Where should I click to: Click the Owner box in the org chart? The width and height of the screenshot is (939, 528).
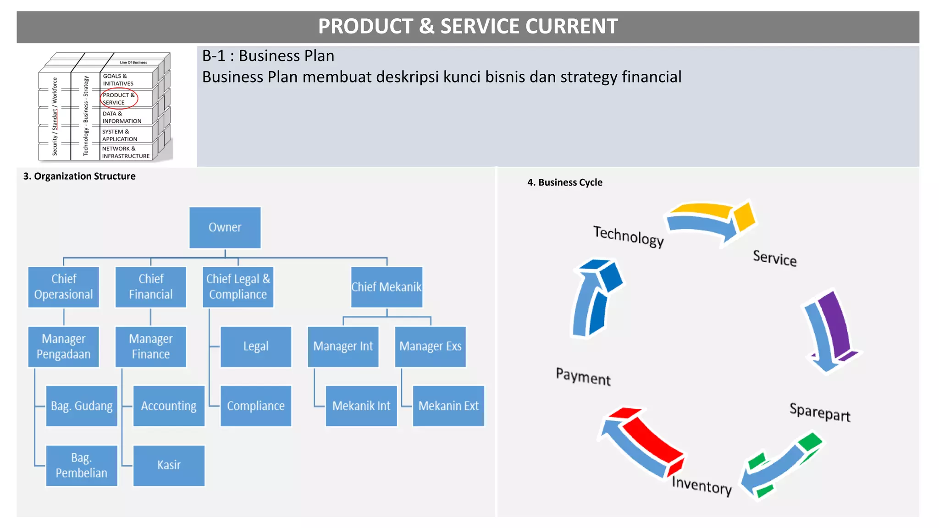tap(225, 227)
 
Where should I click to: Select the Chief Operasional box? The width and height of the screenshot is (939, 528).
tap(64, 287)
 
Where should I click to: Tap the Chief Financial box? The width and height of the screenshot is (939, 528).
tap(151, 287)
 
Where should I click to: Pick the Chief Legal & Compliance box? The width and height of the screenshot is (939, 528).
tap(238, 287)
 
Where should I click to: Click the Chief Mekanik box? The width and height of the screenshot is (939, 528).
tap(387, 287)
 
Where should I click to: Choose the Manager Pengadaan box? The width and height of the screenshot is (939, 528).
tap(64, 346)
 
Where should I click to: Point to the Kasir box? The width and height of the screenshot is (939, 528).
tap(169, 465)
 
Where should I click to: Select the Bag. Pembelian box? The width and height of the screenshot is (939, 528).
tap(82, 465)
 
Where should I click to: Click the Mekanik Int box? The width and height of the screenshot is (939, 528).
tap(361, 406)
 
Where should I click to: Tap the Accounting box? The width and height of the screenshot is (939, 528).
tap(169, 406)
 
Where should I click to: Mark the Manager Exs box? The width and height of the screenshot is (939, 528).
tap(430, 346)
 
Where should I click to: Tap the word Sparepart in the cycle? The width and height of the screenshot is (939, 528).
tap(820, 412)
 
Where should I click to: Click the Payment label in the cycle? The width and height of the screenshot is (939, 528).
tap(583, 377)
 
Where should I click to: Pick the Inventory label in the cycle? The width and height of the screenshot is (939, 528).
tap(701, 485)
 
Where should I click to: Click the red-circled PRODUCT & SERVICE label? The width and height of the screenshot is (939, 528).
tap(118, 99)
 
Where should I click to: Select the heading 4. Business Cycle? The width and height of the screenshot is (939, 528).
tap(565, 182)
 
